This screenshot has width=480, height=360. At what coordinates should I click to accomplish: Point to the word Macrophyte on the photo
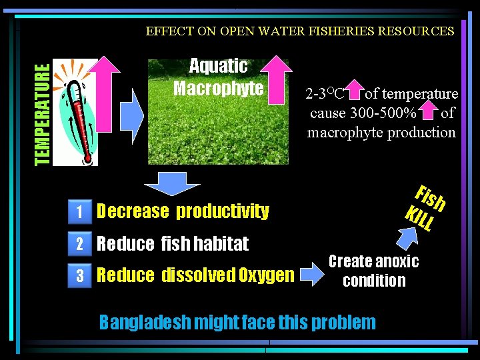pyautogui.click(x=219, y=88)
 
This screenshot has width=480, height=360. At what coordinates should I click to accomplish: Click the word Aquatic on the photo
pyautogui.click(x=218, y=65)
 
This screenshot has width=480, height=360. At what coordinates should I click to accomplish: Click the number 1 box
pyautogui.click(x=79, y=212)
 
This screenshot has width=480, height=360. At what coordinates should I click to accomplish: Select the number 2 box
pyautogui.click(x=79, y=244)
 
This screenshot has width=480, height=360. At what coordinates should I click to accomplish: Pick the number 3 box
pyautogui.click(x=79, y=275)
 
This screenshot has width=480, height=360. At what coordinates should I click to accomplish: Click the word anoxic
pyautogui.click(x=396, y=261)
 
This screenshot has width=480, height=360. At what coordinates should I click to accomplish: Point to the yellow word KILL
pyautogui.click(x=420, y=218)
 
